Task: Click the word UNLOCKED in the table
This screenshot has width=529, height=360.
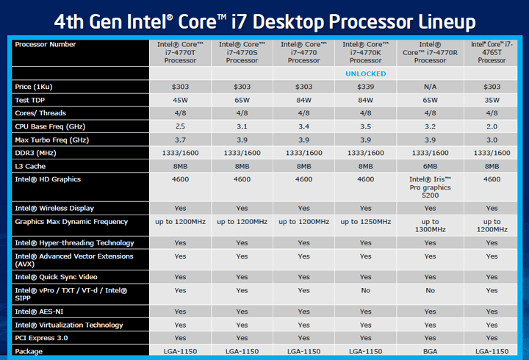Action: click(367, 73)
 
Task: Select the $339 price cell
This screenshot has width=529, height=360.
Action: click(367, 87)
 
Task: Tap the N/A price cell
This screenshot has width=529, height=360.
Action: click(430, 87)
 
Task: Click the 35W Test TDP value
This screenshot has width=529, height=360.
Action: click(492, 100)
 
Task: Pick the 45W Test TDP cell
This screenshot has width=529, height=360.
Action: click(180, 100)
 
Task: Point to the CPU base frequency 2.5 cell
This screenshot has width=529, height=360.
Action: click(180, 126)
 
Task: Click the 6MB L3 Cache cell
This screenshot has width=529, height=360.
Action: click(430, 166)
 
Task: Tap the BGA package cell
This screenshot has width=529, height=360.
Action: click(430, 351)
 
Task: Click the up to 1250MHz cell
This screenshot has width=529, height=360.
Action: click(367, 222)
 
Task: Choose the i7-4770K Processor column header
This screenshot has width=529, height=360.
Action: click(367, 52)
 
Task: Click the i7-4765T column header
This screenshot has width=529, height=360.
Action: click(492, 52)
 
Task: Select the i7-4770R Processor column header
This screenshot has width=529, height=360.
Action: click(430, 52)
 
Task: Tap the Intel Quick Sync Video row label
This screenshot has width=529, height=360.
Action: click(56, 277)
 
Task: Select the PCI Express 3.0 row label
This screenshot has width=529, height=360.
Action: click(43, 338)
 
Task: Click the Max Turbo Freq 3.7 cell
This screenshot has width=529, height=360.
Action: click(180, 140)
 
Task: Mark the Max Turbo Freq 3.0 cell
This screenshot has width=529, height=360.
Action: click(492, 140)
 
